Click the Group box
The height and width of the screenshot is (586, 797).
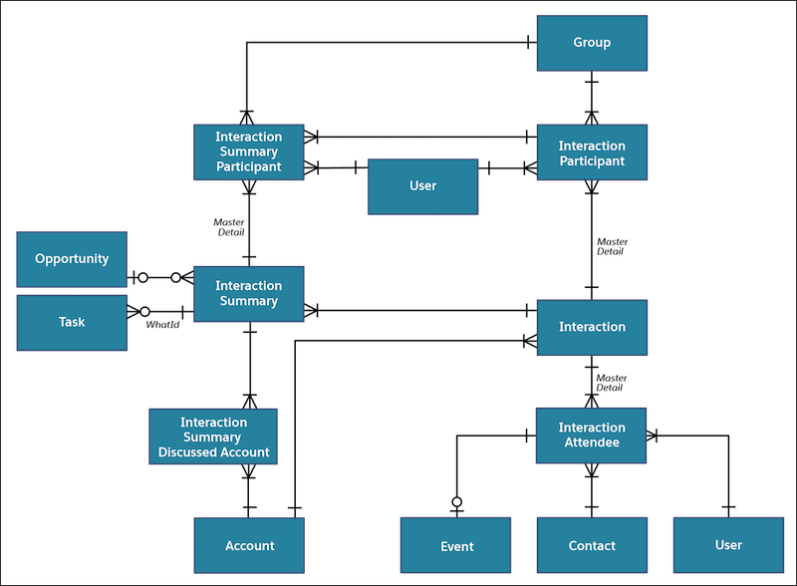click(592, 43)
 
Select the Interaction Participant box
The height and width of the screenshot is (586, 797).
click(592, 152)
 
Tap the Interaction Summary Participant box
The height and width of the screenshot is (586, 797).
click(249, 151)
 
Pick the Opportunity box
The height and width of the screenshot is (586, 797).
click(72, 259)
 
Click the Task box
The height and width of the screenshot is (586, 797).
click(72, 322)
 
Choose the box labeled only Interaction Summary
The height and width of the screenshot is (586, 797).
click(249, 293)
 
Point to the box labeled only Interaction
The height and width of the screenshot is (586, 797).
click(592, 327)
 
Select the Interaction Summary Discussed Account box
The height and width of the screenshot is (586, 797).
click(213, 437)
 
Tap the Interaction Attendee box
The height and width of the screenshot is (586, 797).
click(592, 435)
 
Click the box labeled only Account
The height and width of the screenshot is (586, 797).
click(249, 545)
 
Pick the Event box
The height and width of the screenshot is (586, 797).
click(456, 546)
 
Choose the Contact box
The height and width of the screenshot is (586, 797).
click(592, 545)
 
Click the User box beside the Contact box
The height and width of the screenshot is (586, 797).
click(728, 545)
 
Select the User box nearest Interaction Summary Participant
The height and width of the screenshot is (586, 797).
click(423, 186)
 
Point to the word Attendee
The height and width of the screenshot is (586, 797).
click(592, 442)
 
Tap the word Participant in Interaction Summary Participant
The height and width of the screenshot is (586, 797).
click(249, 166)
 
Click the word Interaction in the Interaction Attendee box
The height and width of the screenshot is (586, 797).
click(592, 428)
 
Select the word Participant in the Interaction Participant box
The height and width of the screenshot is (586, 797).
click(592, 160)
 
